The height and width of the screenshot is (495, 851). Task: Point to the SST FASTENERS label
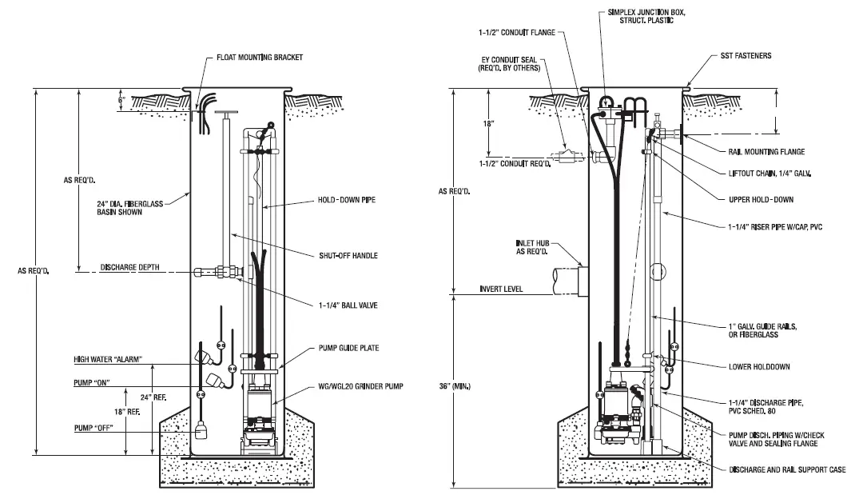click(x=742, y=56)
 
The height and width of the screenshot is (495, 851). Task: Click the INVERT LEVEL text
click(x=501, y=289)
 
